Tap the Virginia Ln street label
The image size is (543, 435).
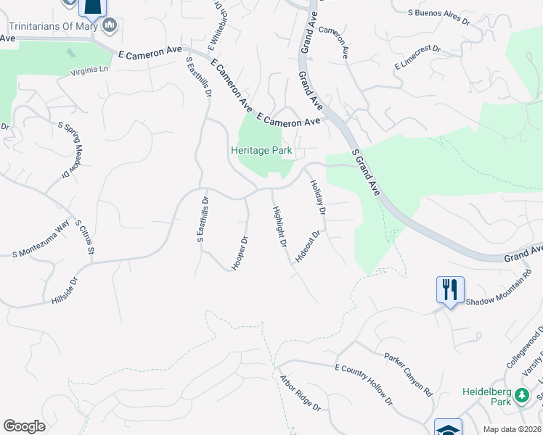coord(89,70)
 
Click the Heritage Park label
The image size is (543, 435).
coord(261,151)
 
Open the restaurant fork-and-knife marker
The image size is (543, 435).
coord(449,289)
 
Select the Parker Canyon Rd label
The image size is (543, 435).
coord(408,374)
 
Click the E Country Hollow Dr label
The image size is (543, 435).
coord(363,384)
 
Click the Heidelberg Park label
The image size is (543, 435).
coord(486,397)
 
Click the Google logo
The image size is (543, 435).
coord(24,426)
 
